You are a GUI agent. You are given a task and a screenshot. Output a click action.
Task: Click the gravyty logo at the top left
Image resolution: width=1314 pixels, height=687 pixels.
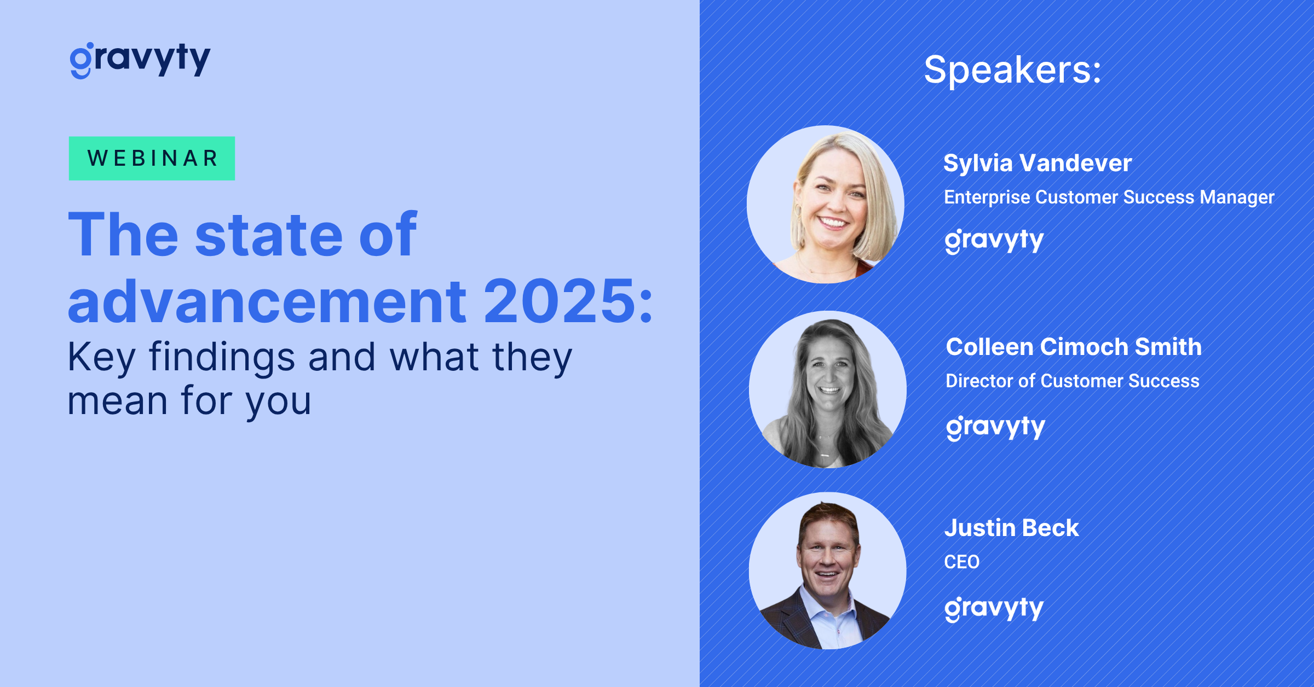(140, 60)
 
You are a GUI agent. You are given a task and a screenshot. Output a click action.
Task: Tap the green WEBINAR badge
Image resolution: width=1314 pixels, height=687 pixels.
(152, 159)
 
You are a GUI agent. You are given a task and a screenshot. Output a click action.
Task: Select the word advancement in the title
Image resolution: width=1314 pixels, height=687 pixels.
(267, 301)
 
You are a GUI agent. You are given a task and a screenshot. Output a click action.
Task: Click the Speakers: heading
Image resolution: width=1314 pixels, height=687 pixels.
(1012, 70)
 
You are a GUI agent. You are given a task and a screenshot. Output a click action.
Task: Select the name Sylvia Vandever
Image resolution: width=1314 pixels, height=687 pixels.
(1038, 163)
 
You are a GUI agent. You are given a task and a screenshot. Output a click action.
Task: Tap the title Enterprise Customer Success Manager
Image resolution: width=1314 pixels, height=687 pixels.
(1109, 197)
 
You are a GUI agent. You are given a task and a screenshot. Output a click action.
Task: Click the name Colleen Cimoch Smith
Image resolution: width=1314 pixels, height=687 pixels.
(1074, 347)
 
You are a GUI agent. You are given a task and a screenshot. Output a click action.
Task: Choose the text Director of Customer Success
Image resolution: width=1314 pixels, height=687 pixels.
(1072, 381)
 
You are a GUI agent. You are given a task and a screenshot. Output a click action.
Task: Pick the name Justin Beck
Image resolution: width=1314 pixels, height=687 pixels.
(1011, 528)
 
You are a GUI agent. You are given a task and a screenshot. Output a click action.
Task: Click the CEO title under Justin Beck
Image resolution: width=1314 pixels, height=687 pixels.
(961, 562)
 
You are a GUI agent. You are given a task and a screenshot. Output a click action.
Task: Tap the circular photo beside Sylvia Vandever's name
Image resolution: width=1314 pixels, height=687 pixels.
(826, 204)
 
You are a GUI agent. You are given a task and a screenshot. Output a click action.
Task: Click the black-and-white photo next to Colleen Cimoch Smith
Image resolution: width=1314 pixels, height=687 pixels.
(827, 389)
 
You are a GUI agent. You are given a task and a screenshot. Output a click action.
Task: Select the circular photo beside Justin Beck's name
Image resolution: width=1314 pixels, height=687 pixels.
(827, 570)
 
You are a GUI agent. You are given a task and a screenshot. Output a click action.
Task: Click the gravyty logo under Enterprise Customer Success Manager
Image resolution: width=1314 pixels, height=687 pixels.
(994, 241)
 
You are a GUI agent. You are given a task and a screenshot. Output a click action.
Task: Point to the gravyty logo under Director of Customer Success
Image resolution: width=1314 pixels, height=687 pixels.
(995, 428)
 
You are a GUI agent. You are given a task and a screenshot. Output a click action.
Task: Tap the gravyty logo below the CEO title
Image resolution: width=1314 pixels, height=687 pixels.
(994, 609)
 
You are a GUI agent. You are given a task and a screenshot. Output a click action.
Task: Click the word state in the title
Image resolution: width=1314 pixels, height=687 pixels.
(268, 235)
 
